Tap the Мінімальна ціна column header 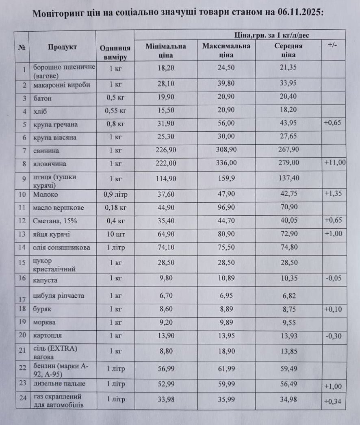165,50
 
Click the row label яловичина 48,165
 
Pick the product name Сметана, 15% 52,221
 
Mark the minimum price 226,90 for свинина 165,150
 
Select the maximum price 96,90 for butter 226,208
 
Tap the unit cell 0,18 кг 115,208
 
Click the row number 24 23,397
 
